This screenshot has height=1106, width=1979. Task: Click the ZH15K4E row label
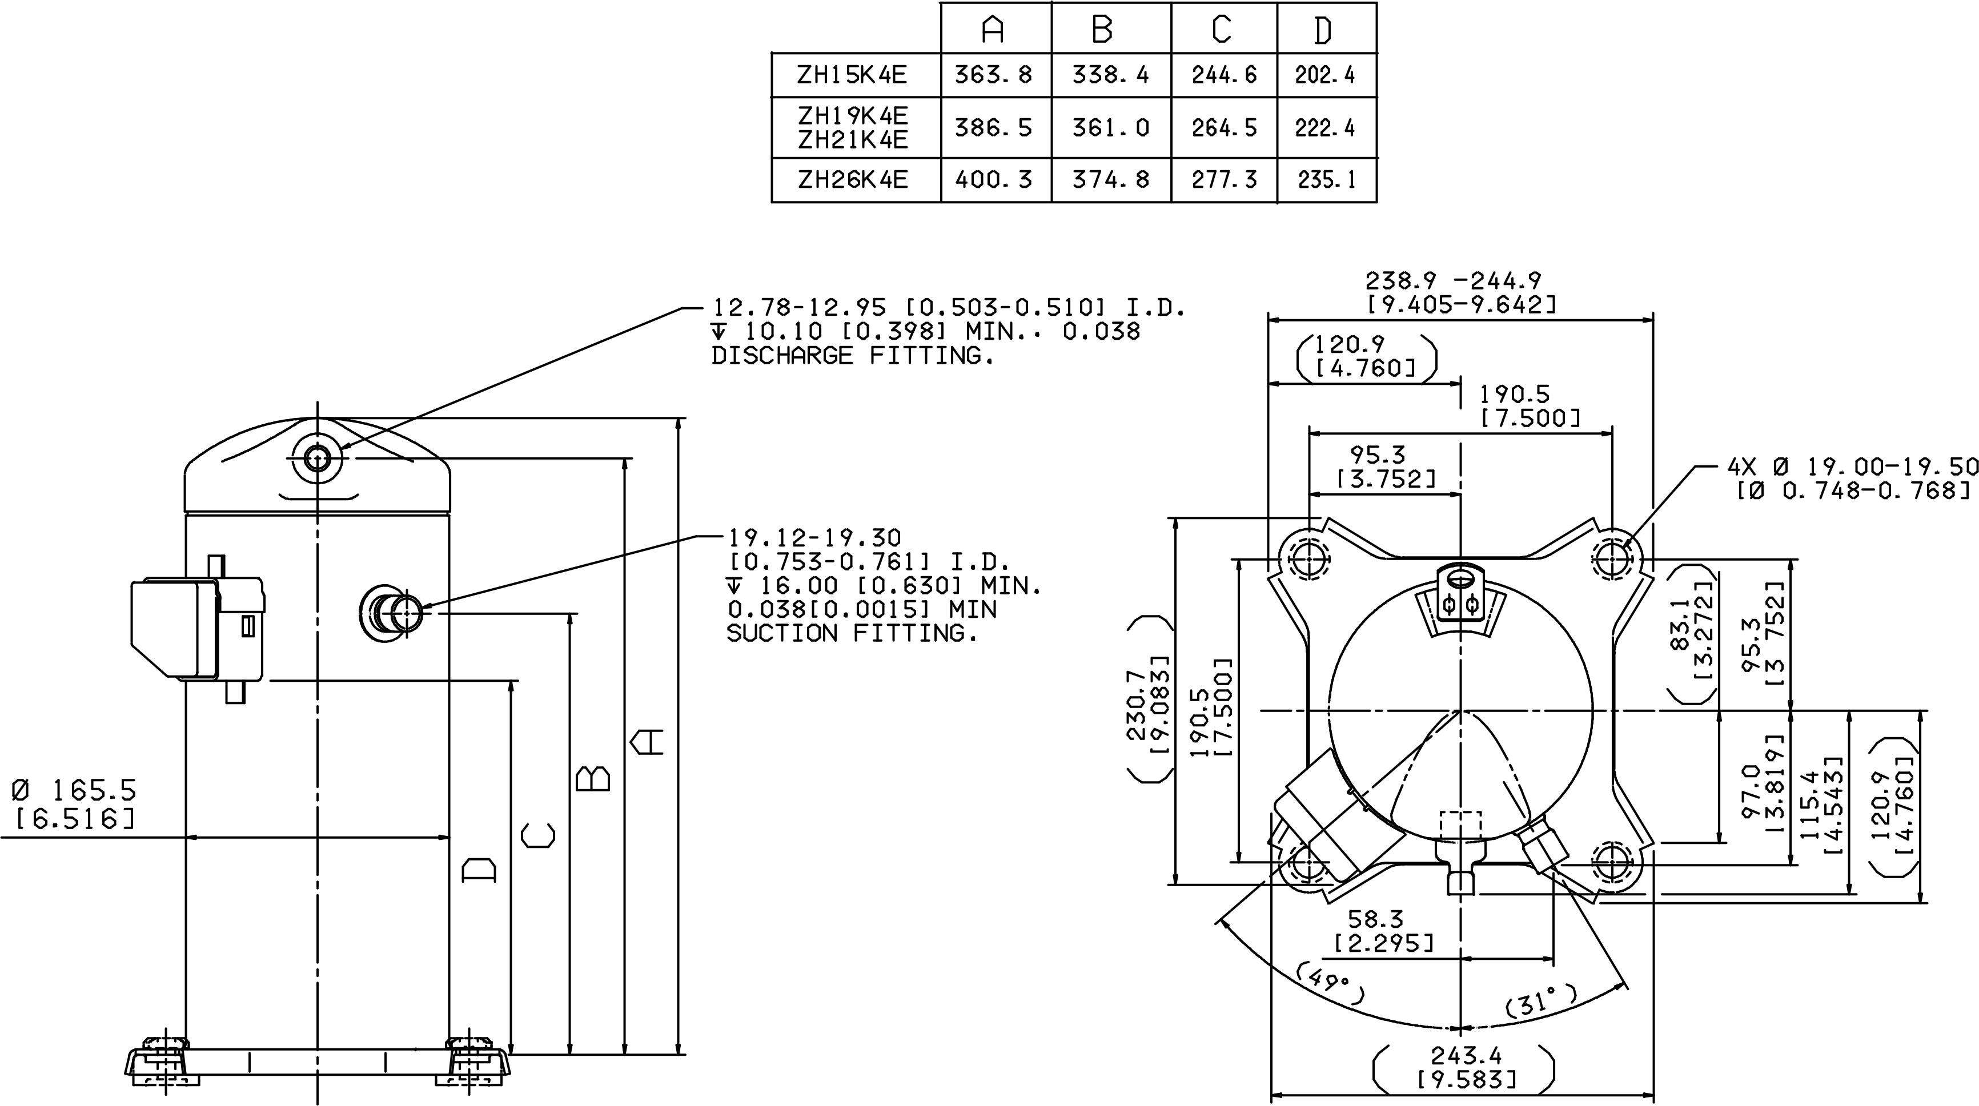point(852,74)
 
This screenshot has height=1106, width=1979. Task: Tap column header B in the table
point(1102,29)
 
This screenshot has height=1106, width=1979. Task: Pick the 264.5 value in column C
point(1224,127)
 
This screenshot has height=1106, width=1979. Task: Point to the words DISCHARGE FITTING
point(853,356)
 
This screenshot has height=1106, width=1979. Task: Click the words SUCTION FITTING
point(852,633)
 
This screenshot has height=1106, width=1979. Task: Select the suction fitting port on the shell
point(392,613)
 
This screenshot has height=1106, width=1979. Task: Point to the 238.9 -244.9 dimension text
point(1453,280)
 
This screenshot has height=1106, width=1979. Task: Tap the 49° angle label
point(1331,984)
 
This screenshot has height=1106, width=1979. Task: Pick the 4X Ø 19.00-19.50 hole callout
point(1852,466)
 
